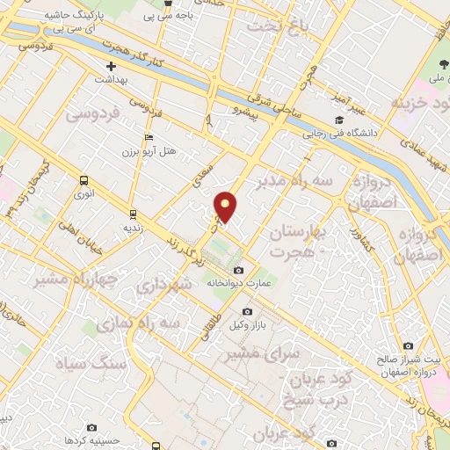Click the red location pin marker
226,207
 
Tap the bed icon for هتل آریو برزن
149,137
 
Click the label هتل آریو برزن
149,151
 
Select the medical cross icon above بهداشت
111,67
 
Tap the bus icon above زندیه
133,213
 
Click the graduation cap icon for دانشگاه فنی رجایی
338,120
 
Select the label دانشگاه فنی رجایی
338,134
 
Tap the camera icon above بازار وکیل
247,312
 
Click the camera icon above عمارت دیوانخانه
239,269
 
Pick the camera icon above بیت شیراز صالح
408,346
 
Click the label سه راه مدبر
294,183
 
